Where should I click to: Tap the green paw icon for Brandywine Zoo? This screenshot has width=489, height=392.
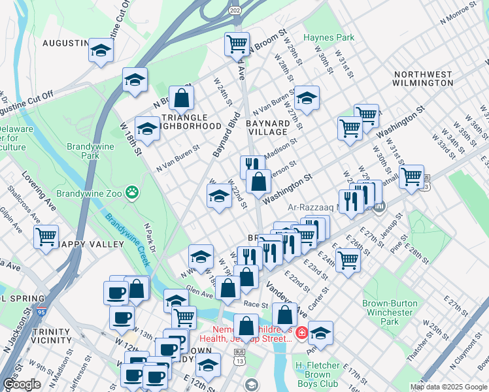[133, 192]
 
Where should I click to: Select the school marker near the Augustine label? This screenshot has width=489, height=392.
[101, 50]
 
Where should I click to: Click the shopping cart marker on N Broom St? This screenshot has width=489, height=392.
[236, 44]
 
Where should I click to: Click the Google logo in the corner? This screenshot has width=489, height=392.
[21, 384]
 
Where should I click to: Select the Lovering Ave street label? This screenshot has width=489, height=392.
[39, 189]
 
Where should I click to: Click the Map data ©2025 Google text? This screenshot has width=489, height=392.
[448, 387]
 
